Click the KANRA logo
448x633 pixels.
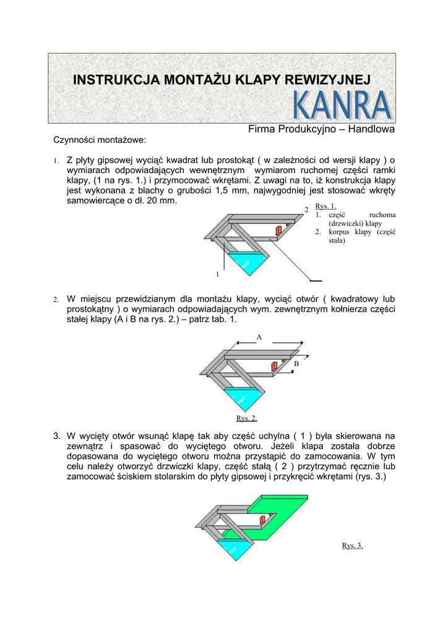(x=342, y=106)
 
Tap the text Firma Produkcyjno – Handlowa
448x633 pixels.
(x=321, y=129)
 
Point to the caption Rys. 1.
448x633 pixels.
(x=325, y=206)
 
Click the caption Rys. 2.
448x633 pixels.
(x=246, y=418)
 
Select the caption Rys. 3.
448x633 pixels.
(x=352, y=545)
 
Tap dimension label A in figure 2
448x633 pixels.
(x=259, y=337)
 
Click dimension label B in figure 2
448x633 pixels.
(x=296, y=364)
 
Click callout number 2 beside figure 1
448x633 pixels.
(x=306, y=211)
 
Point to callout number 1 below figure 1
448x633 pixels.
(x=217, y=274)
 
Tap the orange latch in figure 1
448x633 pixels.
(x=279, y=231)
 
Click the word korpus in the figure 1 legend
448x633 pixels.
(x=339, y=232)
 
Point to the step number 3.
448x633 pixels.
(x=56, y=436)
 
